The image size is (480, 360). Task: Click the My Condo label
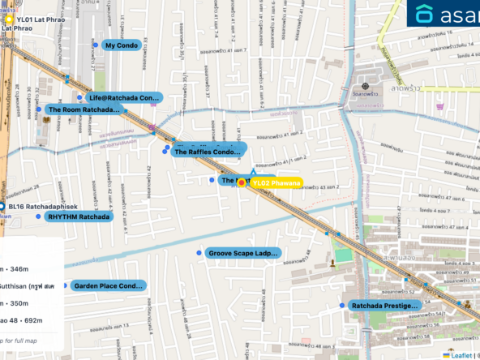[121, 45]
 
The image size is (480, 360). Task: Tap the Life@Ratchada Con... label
[125, 97]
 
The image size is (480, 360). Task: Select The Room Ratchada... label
[84, 109]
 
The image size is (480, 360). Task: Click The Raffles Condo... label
[208, 152]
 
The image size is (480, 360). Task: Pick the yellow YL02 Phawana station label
[276, 183]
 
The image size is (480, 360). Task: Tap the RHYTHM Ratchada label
[78, 216]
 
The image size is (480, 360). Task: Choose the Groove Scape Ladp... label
[242, 253]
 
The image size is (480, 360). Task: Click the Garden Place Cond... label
[108, 285]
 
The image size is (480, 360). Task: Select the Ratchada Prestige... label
[384, 306]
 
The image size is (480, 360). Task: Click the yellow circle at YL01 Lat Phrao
[9, 17]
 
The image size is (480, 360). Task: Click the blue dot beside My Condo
[95, 45]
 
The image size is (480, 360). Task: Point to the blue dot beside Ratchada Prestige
[342, 306]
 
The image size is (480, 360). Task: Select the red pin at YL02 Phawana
[241, 184]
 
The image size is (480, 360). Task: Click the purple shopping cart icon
[439, 106]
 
